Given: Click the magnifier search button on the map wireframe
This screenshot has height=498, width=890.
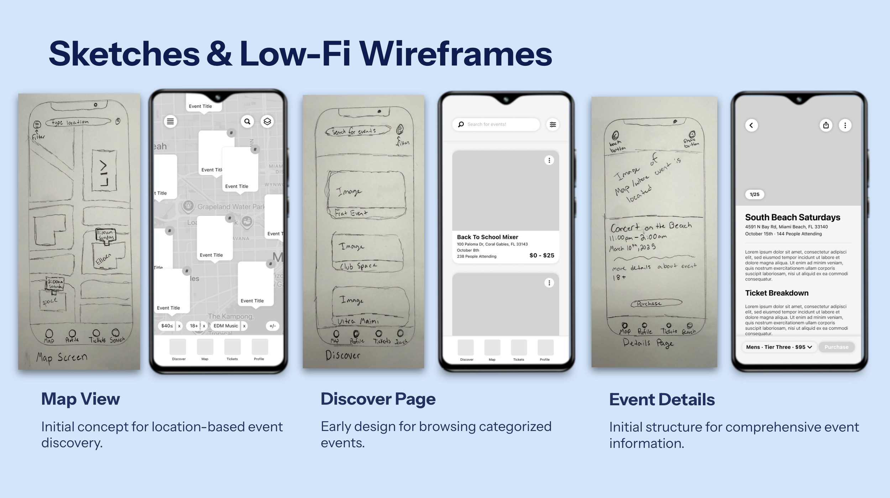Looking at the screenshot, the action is tap(247, 122).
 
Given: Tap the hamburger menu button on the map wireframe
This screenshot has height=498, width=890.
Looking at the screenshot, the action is tap(171, 122).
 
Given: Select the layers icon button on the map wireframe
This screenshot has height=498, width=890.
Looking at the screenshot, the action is tap(267, 122).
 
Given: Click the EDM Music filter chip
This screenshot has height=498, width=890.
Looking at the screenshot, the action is tap(226, 326).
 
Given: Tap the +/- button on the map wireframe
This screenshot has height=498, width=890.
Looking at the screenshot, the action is tap(272, 326).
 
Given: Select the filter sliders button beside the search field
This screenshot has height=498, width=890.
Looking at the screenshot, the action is tap(553, 124).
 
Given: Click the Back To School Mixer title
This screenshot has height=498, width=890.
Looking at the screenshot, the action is tap(487, 237).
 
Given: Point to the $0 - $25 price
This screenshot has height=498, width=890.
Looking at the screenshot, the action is tap(541, 255).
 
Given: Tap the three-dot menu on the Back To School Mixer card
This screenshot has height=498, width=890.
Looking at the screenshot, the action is tap(549, 161).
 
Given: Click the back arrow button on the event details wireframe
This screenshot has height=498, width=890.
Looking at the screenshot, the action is tap(751, 125).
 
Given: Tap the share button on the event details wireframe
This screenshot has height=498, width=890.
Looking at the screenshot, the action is tap(826, 125).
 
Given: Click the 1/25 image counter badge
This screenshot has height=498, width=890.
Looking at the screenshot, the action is tap(754, 194).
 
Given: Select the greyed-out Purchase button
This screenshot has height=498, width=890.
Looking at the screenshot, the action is tap(836, 347).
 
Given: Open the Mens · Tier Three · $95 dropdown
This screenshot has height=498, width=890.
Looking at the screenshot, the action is tap(779, 347).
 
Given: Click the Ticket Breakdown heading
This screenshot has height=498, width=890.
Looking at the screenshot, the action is tap(776, 293).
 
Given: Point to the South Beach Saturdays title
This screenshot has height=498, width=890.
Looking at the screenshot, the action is tap(792, 217).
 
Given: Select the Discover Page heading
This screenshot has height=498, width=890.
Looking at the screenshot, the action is tap(378, 399).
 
